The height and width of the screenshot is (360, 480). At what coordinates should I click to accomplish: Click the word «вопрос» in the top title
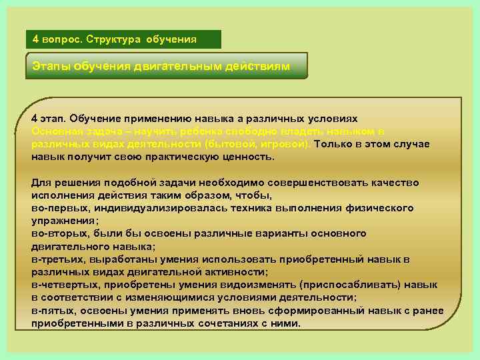click(61, 39)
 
